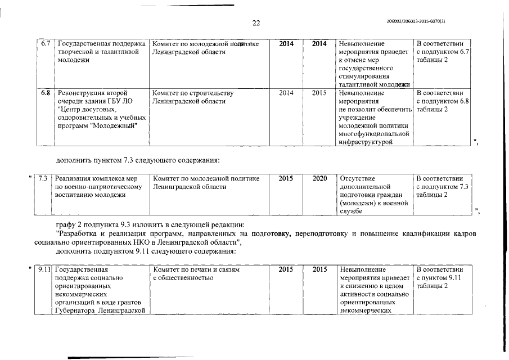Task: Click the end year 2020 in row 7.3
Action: (320, 178)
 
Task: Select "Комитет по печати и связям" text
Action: (196, 270)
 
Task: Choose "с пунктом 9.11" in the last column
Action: (439, 278)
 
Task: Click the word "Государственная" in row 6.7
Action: (85, 44)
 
